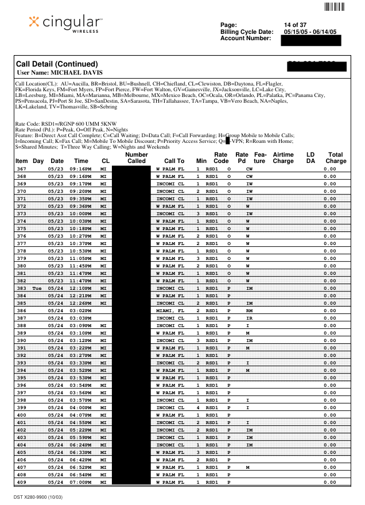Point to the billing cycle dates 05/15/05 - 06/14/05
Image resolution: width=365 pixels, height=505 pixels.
(x=310, y=32)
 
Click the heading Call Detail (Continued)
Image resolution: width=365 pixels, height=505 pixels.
(x=57, y=64)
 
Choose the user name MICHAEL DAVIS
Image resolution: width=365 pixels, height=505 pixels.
(x=60, y=73)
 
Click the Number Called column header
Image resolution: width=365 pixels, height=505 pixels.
(x=136, y=158)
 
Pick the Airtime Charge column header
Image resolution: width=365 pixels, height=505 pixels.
(x=283, y=158)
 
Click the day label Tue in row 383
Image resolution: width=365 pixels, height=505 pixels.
(x=38, y=288)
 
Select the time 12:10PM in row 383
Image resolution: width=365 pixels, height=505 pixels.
(x=81, y=288)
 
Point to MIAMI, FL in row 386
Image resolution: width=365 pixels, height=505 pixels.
(x=170, y=310)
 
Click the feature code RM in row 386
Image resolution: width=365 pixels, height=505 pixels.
(x=249, y=310)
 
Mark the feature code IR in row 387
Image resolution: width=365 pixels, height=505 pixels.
(x=249, y=318)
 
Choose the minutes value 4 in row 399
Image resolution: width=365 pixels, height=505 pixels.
(x=198, y=407)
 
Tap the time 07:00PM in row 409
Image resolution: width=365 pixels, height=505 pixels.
(x=81, y=482)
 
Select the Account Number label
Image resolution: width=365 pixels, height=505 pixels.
(x=246, y=38)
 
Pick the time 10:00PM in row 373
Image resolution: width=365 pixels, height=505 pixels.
(x=81, y=213)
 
